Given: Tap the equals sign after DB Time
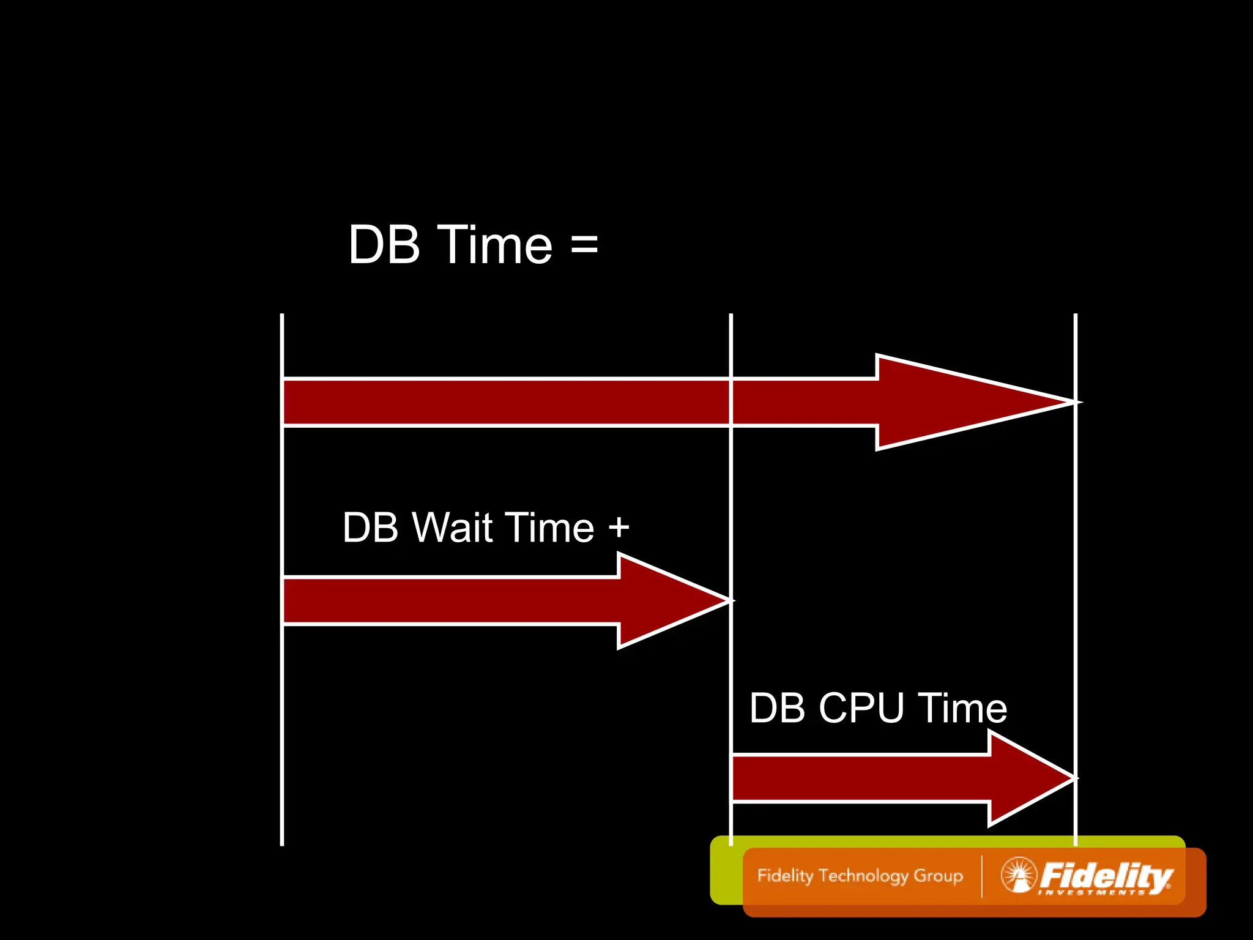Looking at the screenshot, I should click(584, 245).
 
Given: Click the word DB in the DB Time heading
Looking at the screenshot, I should click(384, 245).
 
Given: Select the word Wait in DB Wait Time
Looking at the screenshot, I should click(452, 527).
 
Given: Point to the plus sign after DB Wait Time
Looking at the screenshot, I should click(619, 527).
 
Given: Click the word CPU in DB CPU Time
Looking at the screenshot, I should click(861, 708).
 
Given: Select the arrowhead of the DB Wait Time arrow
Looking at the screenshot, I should click(673, 600).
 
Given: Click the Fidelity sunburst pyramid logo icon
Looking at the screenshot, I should click(1019, 875).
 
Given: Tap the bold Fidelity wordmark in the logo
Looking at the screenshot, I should click(1106, 875).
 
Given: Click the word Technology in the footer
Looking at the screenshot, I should click(864, 876).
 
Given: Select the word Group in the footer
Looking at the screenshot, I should click(939, 876).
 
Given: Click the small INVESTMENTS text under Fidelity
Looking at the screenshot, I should click(1092, 893).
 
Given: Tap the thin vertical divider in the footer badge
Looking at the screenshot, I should click(982, 876).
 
